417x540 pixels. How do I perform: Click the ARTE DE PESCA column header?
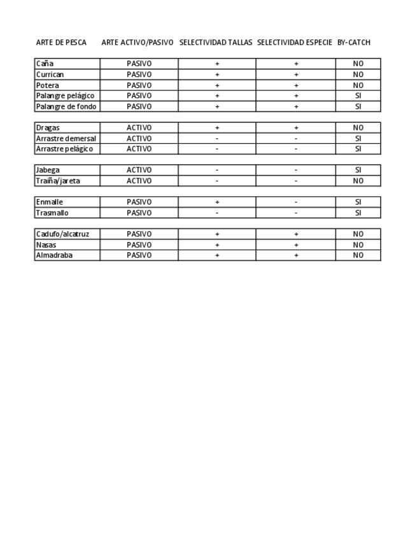click(61, 43)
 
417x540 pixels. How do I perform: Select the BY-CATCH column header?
click(353, 43)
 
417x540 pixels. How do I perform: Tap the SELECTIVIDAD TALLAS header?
click(216, 43)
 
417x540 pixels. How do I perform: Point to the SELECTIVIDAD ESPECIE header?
click(295, 43)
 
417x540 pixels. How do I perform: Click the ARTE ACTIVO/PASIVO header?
click(138, 43)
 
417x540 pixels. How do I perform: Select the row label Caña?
click(45, 64)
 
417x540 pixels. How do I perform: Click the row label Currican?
click(50, 75)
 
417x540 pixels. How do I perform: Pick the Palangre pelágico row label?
click(65, 96)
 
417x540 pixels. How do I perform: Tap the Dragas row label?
click(48, 127)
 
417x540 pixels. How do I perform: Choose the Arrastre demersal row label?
click(66, 138)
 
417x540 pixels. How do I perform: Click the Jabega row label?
click(48, 170)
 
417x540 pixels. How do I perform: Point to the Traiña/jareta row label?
click(58, 181)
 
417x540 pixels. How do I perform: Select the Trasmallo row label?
click(52, 213)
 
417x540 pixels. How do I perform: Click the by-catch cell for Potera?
click(358, 85)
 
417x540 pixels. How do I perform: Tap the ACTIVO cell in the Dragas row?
click(139, 127)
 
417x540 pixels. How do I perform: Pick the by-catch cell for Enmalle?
click(358, 202)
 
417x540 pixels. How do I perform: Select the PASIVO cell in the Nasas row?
click(139, 245)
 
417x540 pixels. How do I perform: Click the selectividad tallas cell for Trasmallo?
click(217, 213)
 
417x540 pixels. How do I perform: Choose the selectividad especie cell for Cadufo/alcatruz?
click(296, 234)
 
